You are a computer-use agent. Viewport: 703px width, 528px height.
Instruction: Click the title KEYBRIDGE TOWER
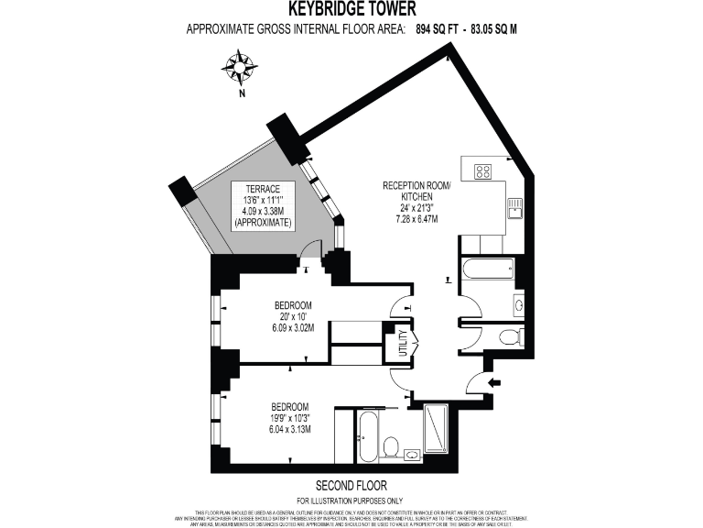click(x=352, y=10)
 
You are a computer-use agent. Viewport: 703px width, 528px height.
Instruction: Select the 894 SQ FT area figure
click(x=437, y=29)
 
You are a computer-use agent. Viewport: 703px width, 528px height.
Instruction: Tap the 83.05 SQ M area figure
click(x=492, y=29)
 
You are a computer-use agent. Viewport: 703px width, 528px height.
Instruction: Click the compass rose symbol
click(x=241, y=68)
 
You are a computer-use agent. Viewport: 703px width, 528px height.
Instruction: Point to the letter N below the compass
click(x=241, y=93)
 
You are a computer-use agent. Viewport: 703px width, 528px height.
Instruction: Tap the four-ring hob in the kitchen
click(x=483, y=170)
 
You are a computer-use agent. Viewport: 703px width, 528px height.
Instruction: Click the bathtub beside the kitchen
click(x=486, y=270)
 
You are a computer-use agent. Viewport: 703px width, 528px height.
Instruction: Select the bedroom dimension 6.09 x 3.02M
click(x=294, y=328)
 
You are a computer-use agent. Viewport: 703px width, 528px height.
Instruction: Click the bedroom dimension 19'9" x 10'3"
click(x=288, y=417)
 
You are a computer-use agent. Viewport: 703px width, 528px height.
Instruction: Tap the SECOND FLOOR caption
click(x=351, y=485)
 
